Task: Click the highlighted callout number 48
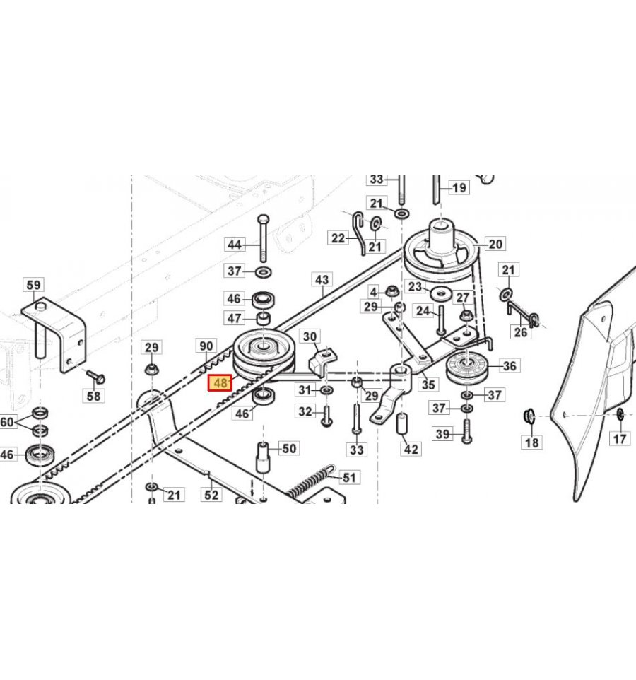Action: [220, 383]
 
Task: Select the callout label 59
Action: [34, 286]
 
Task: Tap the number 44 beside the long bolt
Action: [235, 245]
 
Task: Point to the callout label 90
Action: [206, 346]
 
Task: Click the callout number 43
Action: [322, 280]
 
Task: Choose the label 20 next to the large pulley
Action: [495, 245]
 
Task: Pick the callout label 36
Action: [509, 365]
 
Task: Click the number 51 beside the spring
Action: [348, 477]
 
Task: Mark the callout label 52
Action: [211, 496]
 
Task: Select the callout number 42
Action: [411, 449]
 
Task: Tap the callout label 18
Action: [531, 442]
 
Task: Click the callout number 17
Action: [620, 440]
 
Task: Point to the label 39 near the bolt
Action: [443, 433]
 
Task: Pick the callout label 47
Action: [235, 318]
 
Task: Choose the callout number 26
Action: [521, 333]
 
